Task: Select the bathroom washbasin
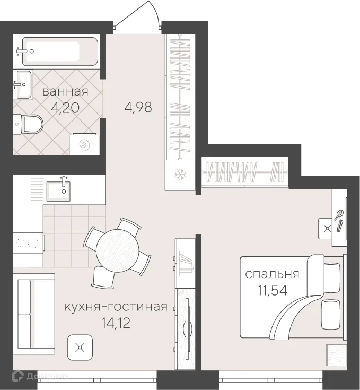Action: (24, 84)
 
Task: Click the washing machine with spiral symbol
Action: (83, 144)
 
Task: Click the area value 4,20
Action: (65, 108)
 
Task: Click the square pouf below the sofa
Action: (80, 348)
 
